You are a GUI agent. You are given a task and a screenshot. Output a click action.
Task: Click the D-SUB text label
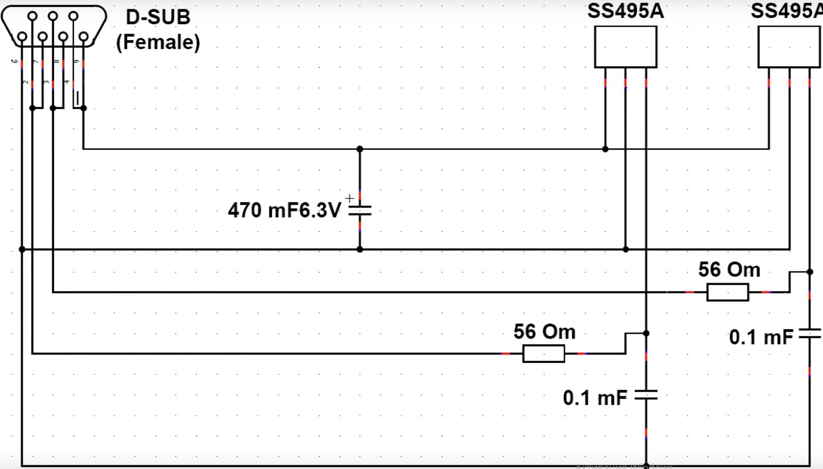(x=158, y=17)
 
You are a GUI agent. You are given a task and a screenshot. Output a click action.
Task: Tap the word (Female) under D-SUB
(x=158, y=42)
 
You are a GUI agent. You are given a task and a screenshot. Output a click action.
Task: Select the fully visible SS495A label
(x=626, y=11)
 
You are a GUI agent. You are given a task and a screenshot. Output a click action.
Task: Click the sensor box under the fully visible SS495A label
(x=626, y=47)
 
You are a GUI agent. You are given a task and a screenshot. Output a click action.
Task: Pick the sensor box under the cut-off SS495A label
(x=789, y=47)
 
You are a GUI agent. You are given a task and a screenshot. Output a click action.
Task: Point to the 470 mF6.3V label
(x=284, y=210)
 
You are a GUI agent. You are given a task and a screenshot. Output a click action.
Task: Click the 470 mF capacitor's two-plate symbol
(x=360, y=210)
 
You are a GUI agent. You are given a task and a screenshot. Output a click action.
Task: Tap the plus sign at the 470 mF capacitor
(x=349, y=199)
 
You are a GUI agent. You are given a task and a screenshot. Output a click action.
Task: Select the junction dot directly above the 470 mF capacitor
(x=360, y=149)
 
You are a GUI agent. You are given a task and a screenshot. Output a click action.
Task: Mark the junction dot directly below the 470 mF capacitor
(x=360, y=249)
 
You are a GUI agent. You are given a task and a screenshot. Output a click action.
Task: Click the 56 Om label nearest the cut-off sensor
(x=729, y=270)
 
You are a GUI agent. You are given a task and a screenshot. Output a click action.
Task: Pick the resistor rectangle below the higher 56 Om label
(x=728, y=292)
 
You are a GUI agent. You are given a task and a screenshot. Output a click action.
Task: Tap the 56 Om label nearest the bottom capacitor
(x=544, y=332)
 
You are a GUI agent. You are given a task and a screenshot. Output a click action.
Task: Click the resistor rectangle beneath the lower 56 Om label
(x=544, y=353)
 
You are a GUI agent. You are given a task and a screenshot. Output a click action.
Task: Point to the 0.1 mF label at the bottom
(x=595, y=398)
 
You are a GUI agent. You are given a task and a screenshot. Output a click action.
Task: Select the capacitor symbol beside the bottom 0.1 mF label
(x=646, y=395)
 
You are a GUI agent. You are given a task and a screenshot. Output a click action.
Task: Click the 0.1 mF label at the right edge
(x=761, y=337)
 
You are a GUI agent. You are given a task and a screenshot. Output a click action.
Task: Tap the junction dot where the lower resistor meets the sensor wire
(x=646, y=333)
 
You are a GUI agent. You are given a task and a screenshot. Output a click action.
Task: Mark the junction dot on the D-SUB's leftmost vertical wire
(x=22, y=249)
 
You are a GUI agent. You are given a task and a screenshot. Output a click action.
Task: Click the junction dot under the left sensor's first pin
(x=605, y=149)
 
